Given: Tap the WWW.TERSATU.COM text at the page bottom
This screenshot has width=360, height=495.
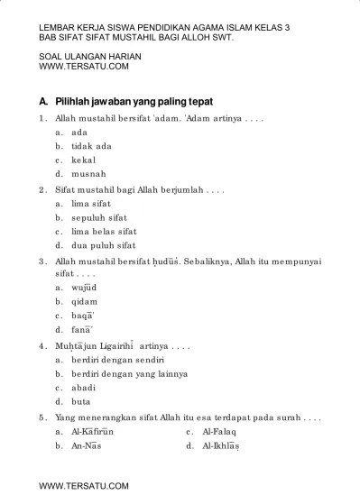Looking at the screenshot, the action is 84,485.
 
